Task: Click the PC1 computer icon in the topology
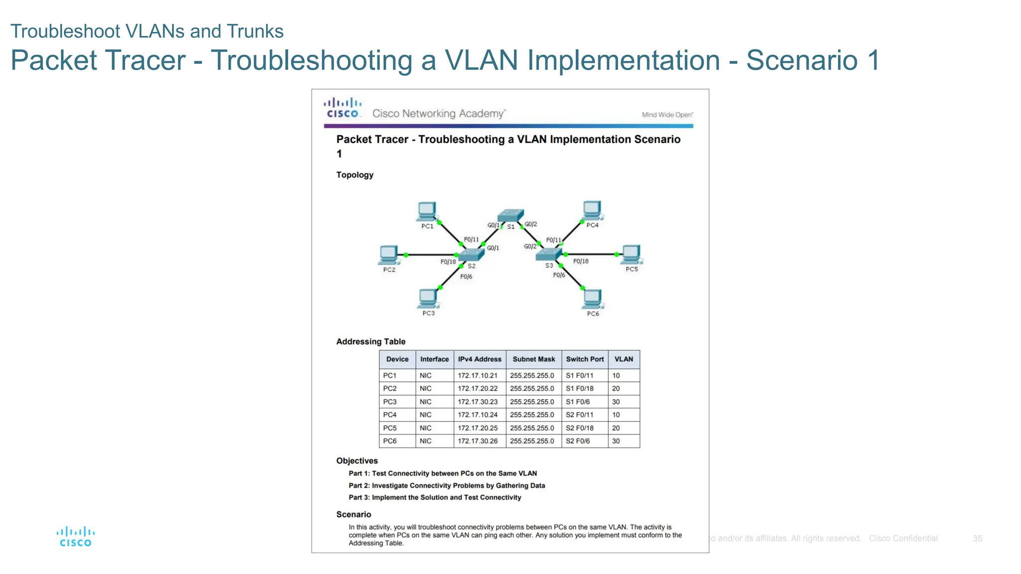click(427, 211)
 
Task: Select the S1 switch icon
click(511, 215)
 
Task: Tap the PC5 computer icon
click(631, 254)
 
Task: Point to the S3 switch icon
click(548, 255)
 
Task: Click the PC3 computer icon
click(428, 298)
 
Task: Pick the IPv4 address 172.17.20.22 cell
click(478, 389)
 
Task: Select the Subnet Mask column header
click(533, 359)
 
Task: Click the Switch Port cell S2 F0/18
click(580, 428)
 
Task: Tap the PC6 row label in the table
click(390, 441)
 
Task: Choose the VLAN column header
click(623, 359)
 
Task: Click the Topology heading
click(354, 175)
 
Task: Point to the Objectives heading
click(357, 461)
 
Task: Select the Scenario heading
click(353, 514)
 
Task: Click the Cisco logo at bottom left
click(75, 537)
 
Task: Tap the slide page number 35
click(977, 539)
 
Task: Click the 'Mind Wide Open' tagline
click(667, 115)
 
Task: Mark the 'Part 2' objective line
click(447, 486)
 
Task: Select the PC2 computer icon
click(388, 255)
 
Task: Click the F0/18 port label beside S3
click(580, 261)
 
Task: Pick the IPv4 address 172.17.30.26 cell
click(478, 441)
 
